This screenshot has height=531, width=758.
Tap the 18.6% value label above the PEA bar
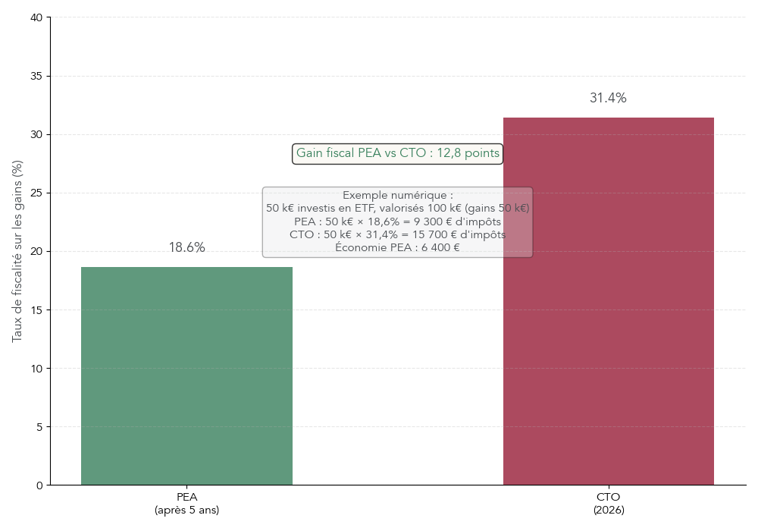[x=186, y=248]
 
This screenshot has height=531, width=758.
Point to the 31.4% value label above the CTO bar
[x=608, y=99]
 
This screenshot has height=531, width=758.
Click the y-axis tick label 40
[x=36, y=17]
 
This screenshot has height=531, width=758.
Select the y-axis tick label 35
[x=36, y=77]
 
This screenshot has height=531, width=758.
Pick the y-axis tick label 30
[x=36, y=135]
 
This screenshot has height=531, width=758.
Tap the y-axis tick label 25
[x=36, y=193]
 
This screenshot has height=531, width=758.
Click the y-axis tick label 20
[x=36, y=252]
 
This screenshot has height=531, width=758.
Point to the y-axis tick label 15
[x=36, y=310]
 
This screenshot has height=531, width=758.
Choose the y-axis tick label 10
[x=36, y=369]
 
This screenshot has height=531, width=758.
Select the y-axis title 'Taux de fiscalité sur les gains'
[x=17, y=251]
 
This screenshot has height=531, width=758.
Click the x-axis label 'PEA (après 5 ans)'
[x=186, y=504]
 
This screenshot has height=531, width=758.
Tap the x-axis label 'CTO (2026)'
[x=609, y=504]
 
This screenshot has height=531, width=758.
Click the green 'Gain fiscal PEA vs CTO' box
[x=397, y=153]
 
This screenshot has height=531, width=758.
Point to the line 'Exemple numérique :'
[x=397, y=196]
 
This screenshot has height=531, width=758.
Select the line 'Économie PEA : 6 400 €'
[x=397, y=247]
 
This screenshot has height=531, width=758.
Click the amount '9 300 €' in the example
[x=442, y=222]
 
